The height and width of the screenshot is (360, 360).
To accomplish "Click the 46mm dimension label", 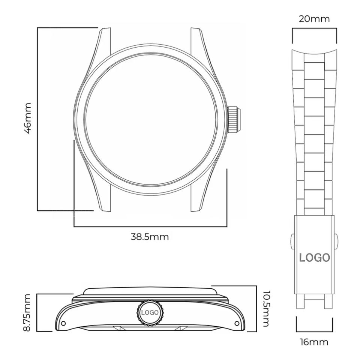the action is pos(28,118).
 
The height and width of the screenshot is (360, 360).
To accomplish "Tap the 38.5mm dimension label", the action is pos(150,237).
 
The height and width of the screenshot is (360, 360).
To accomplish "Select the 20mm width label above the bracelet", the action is pos(314,19).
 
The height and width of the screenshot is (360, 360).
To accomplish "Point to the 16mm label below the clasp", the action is pos(314,342).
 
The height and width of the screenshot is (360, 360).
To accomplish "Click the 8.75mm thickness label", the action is pos(27,312).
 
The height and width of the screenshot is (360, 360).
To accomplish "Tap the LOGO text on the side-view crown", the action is pos(150,312).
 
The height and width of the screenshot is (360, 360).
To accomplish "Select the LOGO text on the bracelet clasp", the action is pos(314,258).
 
